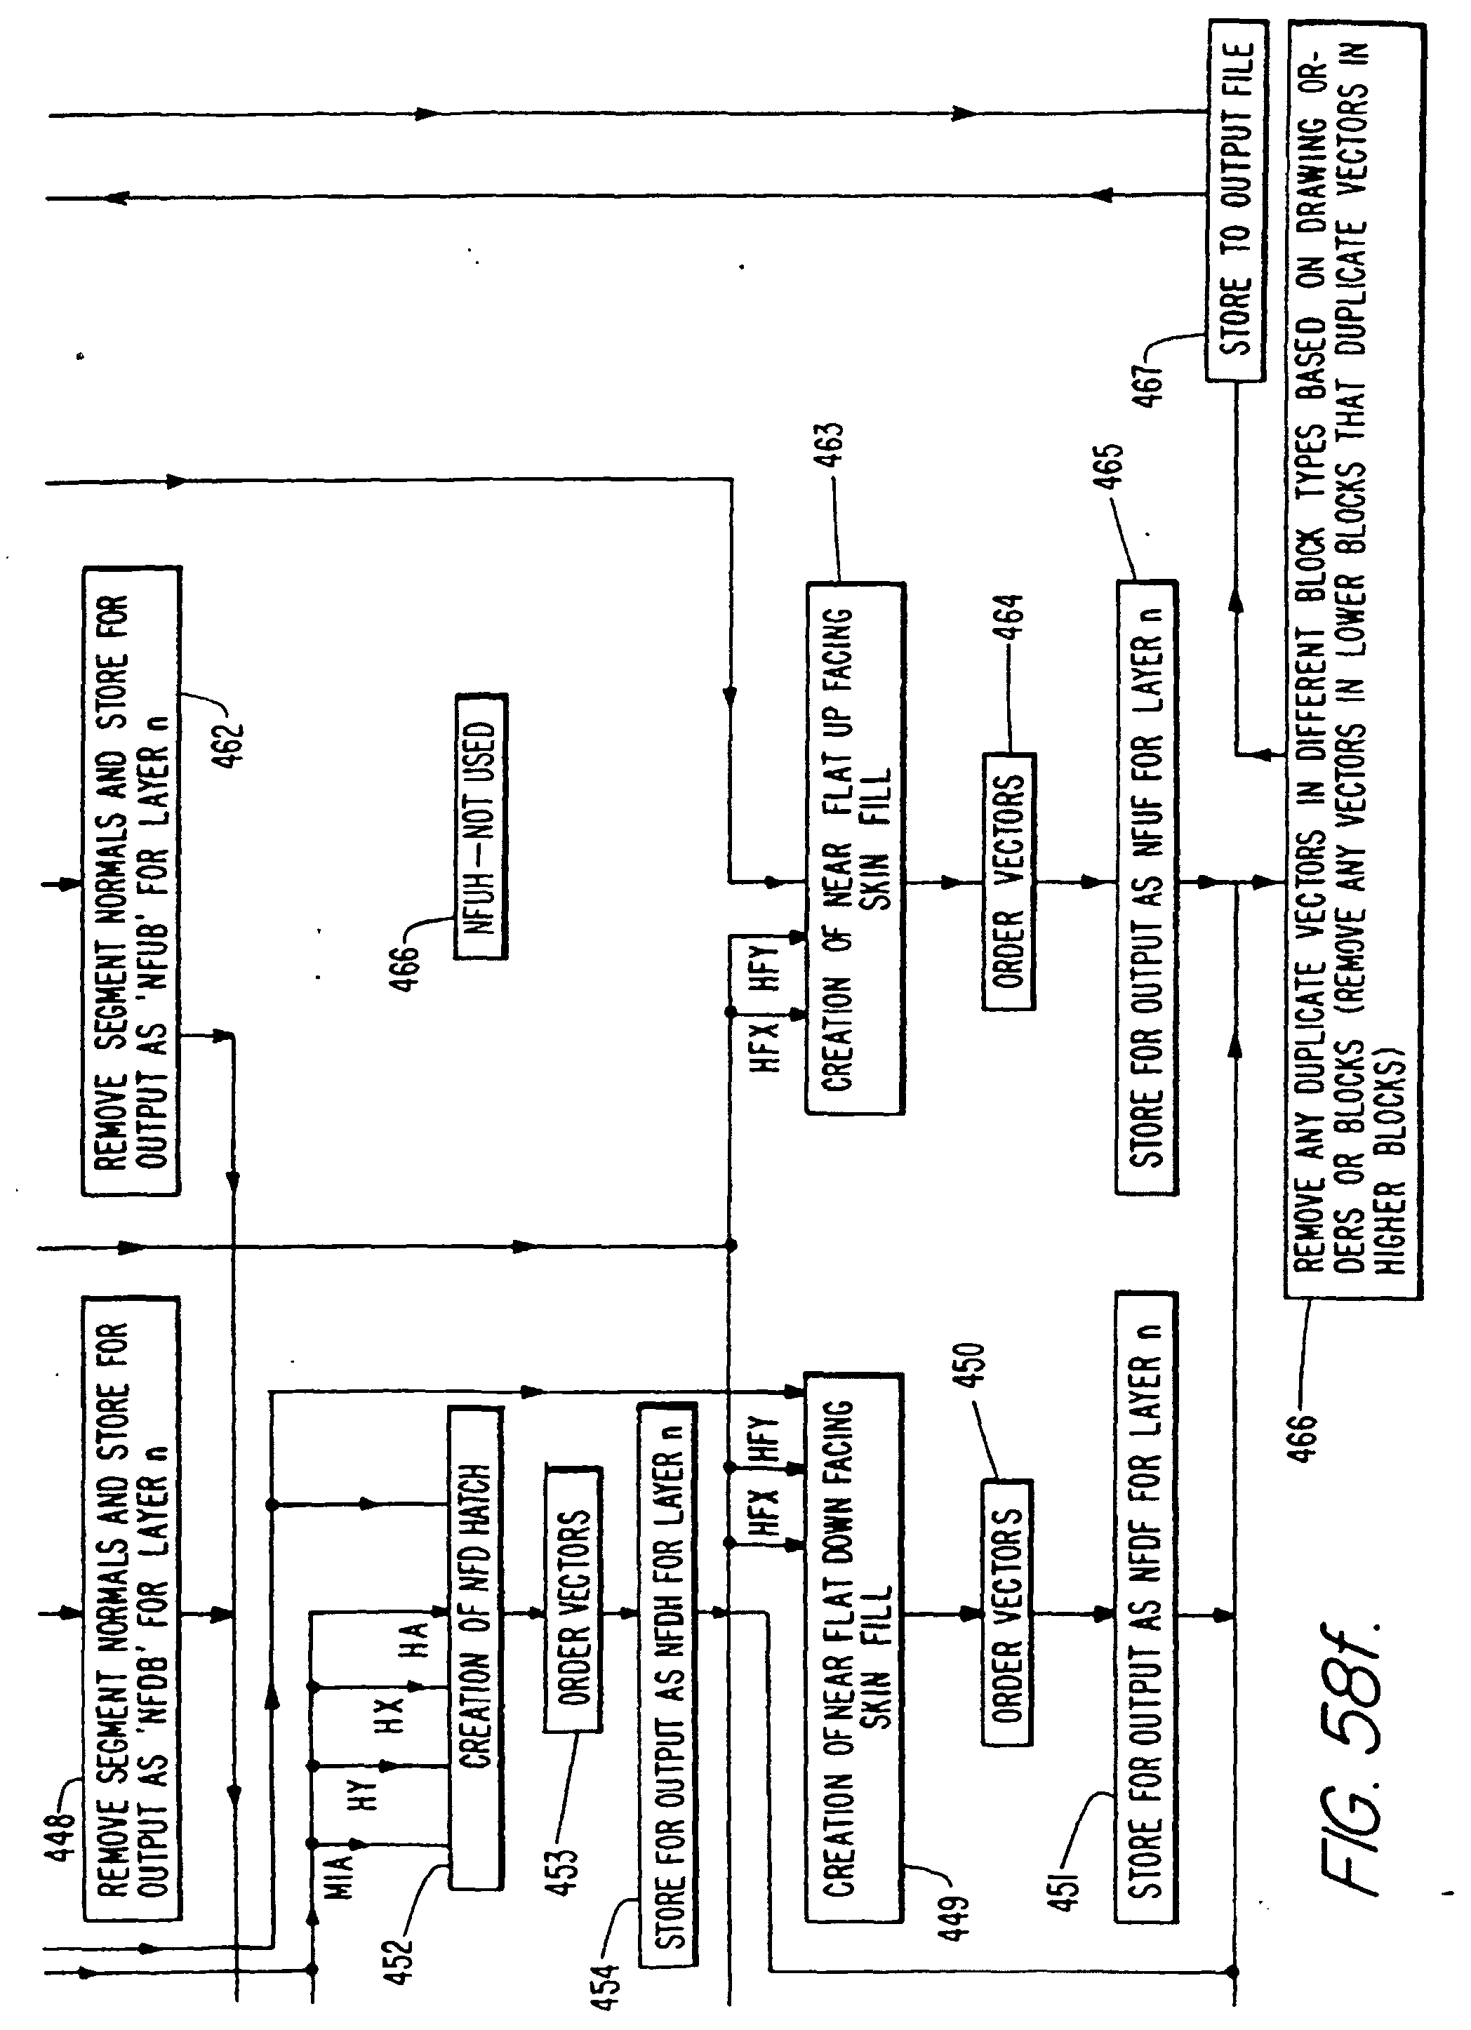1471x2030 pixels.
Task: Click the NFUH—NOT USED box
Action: coord(481,826)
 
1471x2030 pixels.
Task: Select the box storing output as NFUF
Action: coord(1147,886)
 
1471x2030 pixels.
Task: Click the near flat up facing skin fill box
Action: coord(855,848)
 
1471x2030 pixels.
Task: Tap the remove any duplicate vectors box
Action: coord(1352,660)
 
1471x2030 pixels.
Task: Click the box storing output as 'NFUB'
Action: coord(132,880)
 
